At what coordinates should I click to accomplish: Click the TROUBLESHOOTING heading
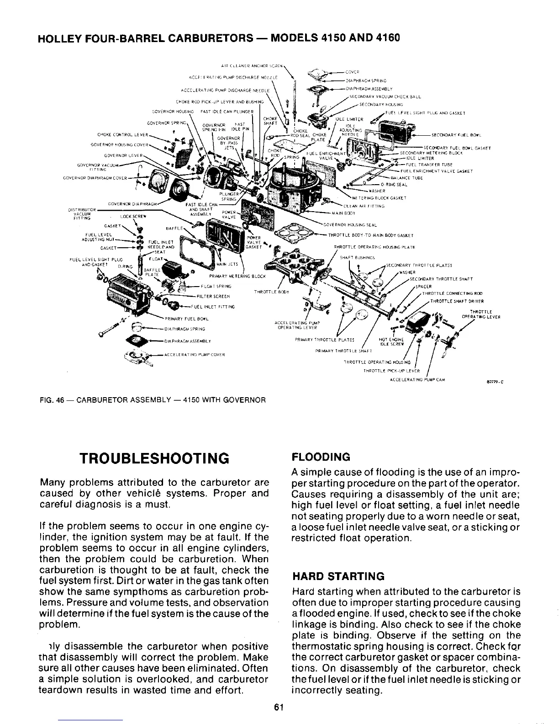(153, 458)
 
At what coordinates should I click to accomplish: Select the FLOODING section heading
(321, 457)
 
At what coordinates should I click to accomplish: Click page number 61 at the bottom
(279, 707)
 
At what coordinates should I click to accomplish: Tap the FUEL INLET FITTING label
(212, 307)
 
